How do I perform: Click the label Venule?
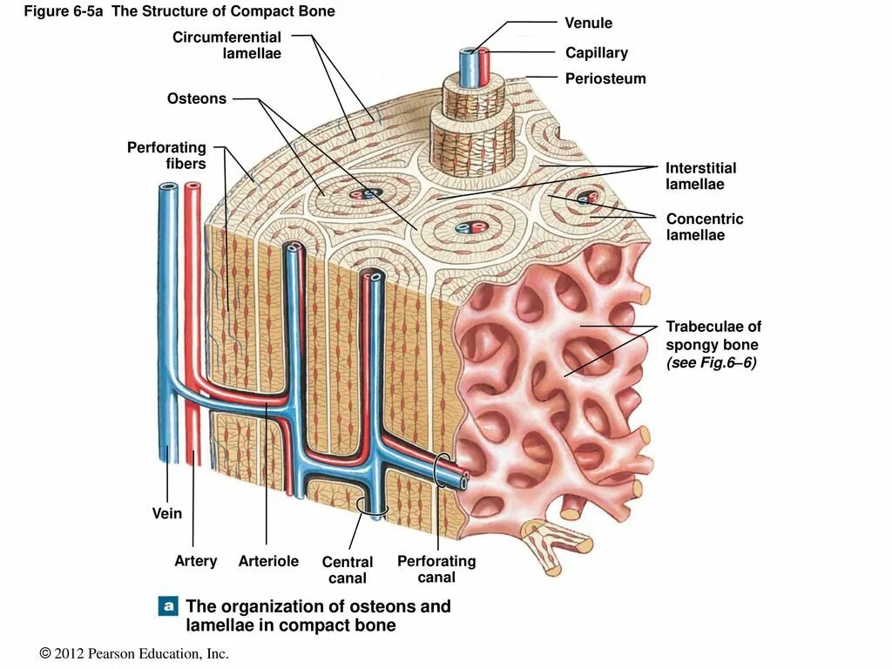tap(588, 23)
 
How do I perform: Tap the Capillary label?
tap(596, 53)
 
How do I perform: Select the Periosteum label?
tap(605, 78)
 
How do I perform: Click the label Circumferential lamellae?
tap(227, 45)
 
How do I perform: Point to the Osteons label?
tap(197, 98)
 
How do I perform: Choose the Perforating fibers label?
tap(167, 155)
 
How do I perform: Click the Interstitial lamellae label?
tap(700, 176)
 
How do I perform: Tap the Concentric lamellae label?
tap(704, 226)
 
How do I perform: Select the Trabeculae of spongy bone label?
tap(713, 336)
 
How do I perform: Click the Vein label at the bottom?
tap(167, 513)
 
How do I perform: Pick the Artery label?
tap(196, 561)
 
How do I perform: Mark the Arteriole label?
tap(268, 561)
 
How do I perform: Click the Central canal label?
tap(348, 570)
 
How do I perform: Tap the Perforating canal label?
tap(436, 569)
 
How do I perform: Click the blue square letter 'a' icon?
tap(168, 606)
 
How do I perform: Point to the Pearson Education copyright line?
tap(134, 653)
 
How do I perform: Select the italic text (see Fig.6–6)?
tap(711, 362)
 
